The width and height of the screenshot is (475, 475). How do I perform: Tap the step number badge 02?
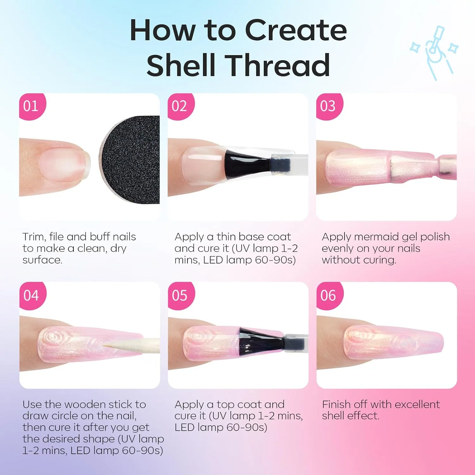pos(180,106)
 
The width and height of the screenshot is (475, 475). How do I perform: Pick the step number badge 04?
pos(32,295)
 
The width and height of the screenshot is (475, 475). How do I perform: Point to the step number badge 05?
pos(181,295)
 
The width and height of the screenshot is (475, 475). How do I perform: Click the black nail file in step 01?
pos(130,160)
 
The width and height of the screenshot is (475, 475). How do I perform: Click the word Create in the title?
pos(296,30)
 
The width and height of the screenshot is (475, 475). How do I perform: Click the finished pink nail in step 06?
pos(393,343)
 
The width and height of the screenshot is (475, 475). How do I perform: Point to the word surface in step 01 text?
pos(42,260)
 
